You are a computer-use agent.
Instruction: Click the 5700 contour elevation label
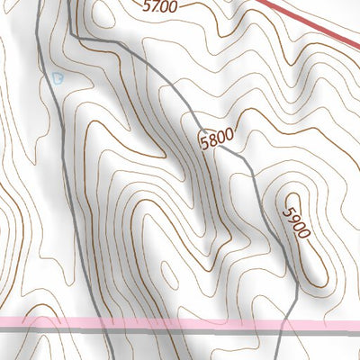[160, 6]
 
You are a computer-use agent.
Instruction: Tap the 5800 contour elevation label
[216, 139]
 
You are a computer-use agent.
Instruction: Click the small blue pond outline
[58, 79]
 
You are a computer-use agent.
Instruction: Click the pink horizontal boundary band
[180, 322]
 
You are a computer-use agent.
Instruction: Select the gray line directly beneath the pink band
[180, 329]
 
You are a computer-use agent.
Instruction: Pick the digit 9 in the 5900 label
[292, 214]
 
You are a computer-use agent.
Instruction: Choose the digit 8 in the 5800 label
[212, 139]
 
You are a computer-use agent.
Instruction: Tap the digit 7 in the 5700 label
[155, 5]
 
